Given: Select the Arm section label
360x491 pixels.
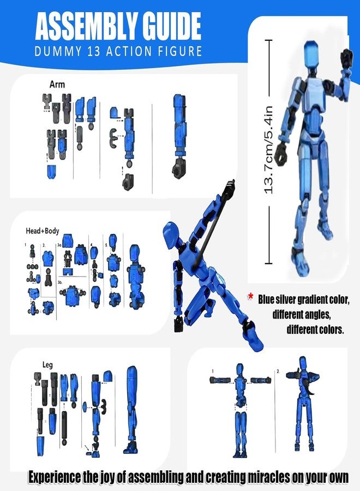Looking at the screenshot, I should tap(57, 85).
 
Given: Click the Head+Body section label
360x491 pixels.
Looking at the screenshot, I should tap(42, 231).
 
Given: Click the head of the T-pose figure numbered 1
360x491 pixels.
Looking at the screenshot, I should tap(239, 370).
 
